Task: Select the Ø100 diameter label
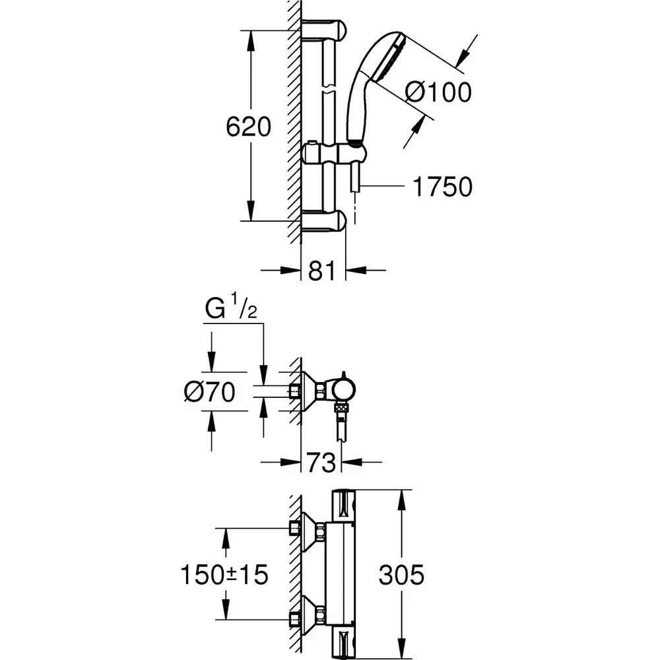(x=439, y=92)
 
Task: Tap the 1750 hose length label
(x=442, y=187)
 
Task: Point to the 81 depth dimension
(x=323, y=270)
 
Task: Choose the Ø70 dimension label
(x=210, y=393)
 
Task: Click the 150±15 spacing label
(x=224, y=574)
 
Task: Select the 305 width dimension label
(x=401, y=574)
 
